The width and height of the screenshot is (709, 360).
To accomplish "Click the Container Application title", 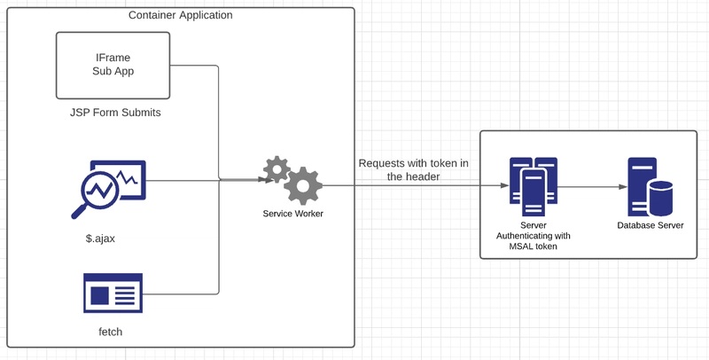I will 181,15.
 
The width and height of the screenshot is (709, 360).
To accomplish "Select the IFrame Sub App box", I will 113,65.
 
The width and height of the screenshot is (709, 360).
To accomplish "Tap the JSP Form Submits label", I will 115,113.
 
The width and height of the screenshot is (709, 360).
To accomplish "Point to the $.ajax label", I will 100,238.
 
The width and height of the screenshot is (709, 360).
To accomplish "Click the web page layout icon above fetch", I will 113,293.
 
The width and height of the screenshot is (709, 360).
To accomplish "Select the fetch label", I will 110,332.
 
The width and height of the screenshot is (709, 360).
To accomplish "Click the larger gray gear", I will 302,185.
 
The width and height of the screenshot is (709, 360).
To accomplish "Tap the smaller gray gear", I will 277,168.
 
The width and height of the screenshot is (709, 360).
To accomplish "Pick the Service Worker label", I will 292,214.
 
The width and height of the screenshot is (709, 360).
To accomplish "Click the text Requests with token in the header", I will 413,169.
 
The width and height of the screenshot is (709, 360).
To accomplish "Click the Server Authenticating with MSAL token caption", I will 533,236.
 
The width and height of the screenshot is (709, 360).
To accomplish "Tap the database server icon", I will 650,187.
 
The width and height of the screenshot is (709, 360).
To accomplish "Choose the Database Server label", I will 651,225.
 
